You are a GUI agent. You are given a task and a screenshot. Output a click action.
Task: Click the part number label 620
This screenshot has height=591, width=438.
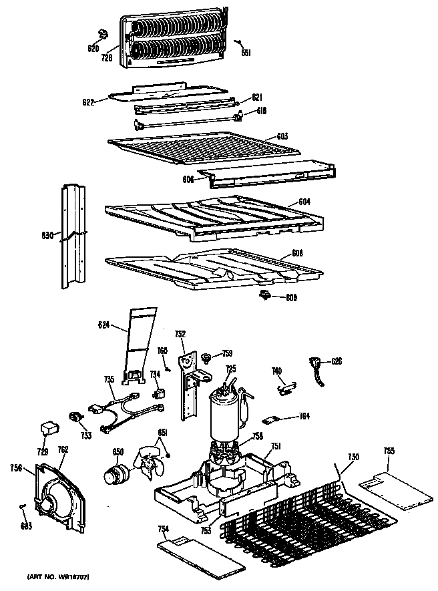click(93, 49)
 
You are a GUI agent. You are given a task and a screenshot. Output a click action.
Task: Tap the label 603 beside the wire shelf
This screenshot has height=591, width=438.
click(282, 136)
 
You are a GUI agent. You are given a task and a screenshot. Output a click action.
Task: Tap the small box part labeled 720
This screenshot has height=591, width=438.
click(49, 425)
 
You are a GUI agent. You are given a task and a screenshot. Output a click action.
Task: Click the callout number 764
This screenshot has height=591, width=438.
click(303, 417)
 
